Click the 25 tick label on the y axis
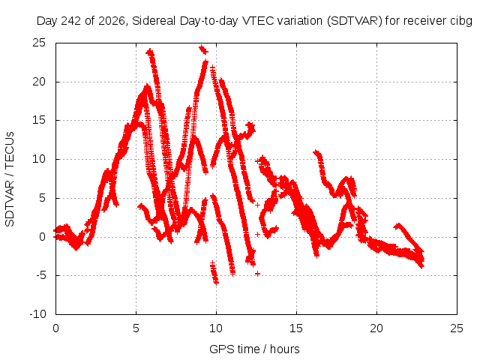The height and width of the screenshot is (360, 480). click(x=39, y=43)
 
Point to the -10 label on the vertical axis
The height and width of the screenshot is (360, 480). click(x=37, y=314)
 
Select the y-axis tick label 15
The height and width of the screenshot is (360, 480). click(x=39, y=120)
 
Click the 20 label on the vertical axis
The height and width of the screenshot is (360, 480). click(x=39, y=82)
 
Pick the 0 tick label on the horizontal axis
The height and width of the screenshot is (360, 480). click(x=55, y=328)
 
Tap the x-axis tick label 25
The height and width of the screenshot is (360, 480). click(x=457, y=328)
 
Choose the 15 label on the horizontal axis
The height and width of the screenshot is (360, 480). click(x=296, y=328)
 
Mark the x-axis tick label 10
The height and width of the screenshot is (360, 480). click(x=216, y=328)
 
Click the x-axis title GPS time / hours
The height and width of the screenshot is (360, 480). click(x=254, y=349)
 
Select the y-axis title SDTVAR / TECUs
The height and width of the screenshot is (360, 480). click(x=10, y=179)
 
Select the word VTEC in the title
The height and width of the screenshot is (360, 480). click(x=259, y=21)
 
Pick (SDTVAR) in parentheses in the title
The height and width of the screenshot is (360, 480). click(x=355, y=21)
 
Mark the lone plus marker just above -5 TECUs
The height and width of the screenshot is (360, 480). click(x=257, y=273)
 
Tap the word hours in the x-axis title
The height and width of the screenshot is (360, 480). click(x=285, y=349)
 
